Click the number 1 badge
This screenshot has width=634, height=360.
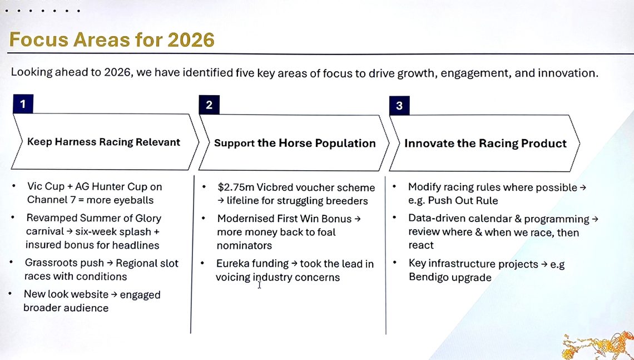23,103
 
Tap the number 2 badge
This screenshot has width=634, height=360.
209,105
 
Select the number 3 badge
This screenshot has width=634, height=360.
399,106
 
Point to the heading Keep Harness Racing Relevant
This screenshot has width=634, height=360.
103,142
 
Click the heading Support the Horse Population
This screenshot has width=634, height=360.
295,143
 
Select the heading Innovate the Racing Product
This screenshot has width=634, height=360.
485,143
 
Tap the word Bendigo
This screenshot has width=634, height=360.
430,277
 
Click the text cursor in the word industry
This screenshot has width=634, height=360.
259,285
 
